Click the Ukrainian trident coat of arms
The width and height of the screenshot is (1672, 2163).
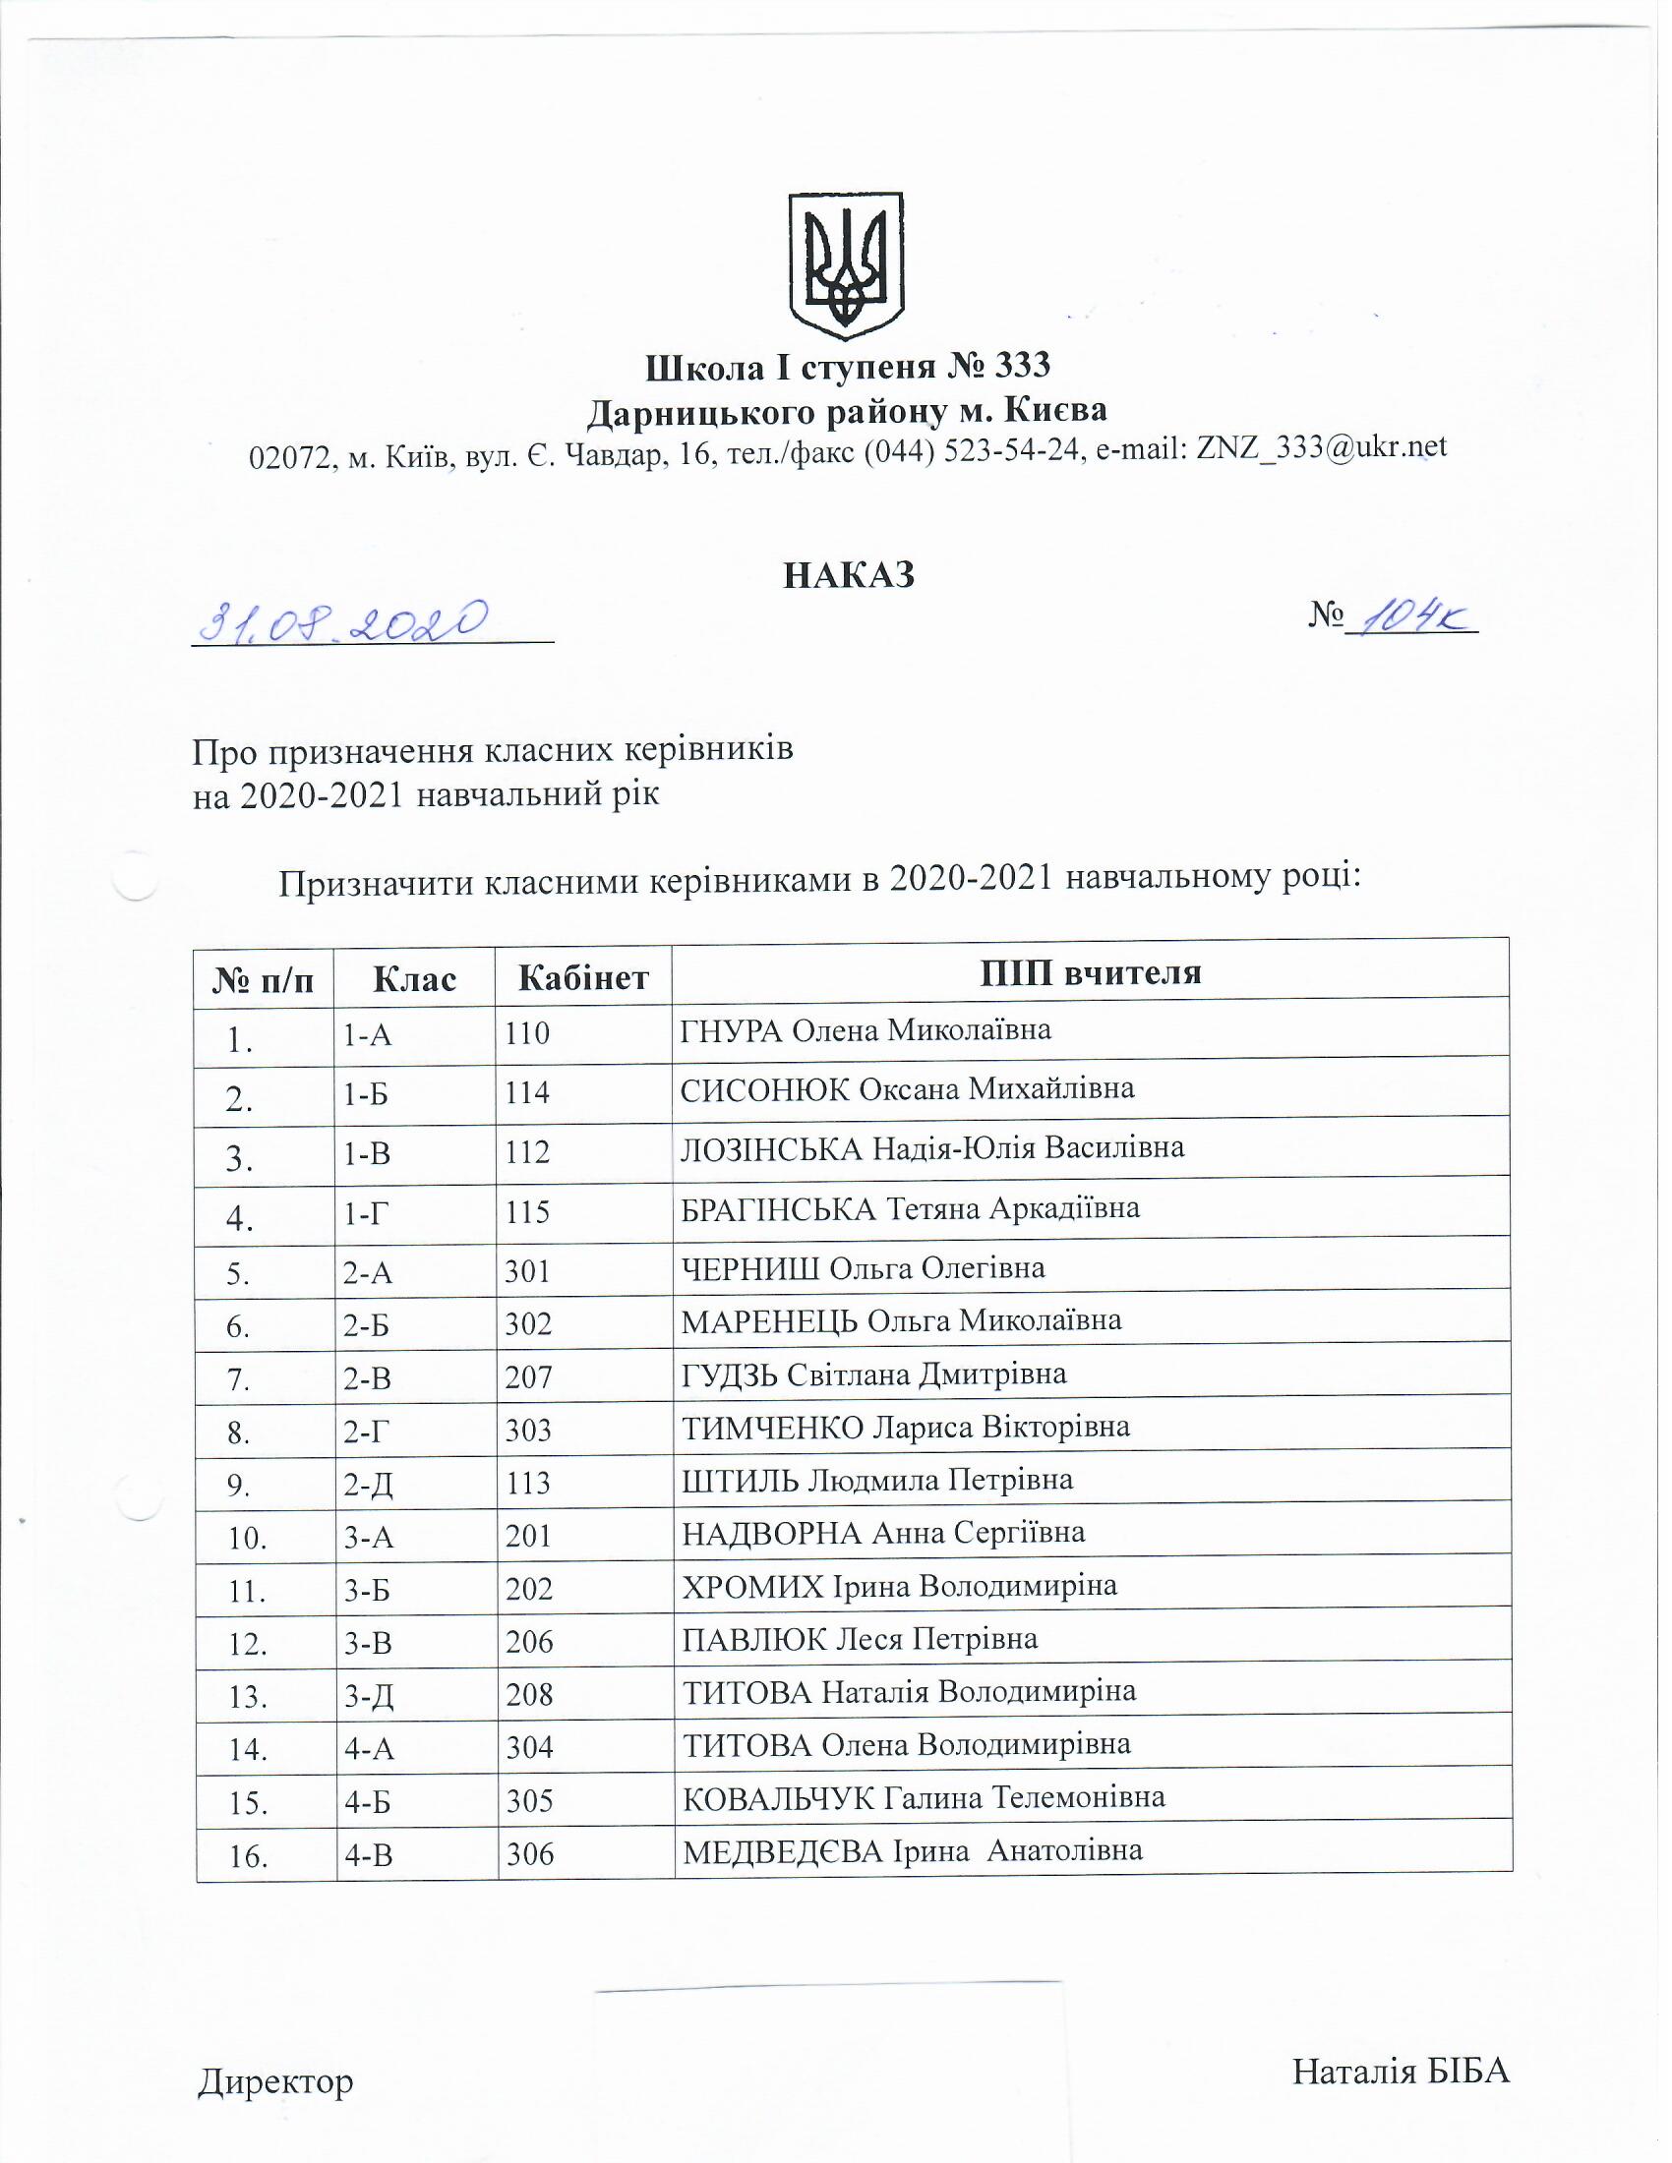pos(845,266)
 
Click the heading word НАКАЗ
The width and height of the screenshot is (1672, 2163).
pos(848,575)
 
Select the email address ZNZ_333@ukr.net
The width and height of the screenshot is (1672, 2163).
pos(1321,446)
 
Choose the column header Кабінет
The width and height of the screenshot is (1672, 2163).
pos(583,978)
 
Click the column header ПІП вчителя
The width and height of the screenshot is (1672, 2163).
pos(1090,972)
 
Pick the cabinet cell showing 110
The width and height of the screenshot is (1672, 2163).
pos(526,1034)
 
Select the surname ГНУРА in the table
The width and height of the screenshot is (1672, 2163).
pos(731,1031)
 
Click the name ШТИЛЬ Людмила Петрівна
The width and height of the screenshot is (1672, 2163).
pos(876,1481)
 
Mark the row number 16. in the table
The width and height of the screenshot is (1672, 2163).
pos(249,1858)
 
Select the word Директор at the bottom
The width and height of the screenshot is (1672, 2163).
pos(275,2080)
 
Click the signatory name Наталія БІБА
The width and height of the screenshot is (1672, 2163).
pos(1400,2071)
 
